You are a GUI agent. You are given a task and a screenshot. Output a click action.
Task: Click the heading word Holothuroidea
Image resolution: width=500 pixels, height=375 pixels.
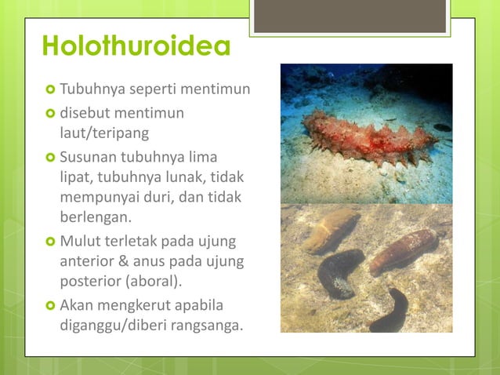pos(136,47)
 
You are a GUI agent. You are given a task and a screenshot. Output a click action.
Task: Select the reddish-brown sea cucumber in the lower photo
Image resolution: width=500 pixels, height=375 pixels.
pos(404,250)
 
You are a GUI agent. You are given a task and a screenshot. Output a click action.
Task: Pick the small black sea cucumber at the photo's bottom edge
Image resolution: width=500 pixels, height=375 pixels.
pos(389,311)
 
